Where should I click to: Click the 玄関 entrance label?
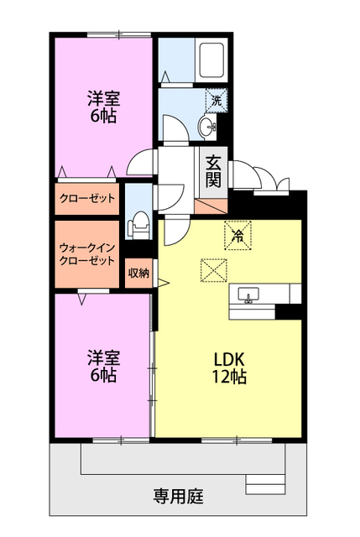click(212, 170)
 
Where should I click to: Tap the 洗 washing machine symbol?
click(217, 100)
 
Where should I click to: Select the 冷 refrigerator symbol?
click(237, 234)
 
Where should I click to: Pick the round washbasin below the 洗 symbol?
click(208, 128)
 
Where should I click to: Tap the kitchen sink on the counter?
click(249, 295)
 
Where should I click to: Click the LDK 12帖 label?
click(227, 368)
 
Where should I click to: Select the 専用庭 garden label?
click(178, 495)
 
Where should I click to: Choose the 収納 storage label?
click(138, 273)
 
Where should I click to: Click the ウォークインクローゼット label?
click(87, 253)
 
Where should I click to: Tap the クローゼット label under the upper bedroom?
click(87, 199)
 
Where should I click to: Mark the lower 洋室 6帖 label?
click(102, 367)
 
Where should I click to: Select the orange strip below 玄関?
click(211, 205)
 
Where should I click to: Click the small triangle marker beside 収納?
click(164, 282)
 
